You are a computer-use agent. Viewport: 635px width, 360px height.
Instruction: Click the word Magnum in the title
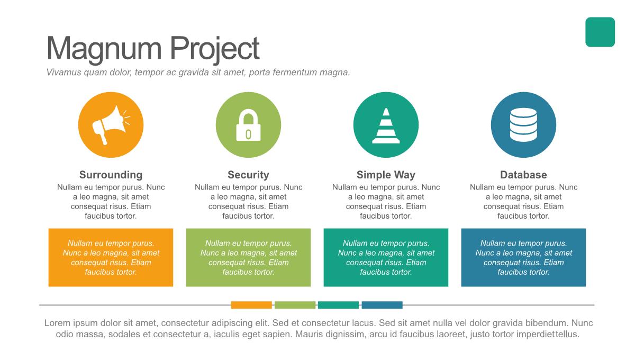coord(104,49)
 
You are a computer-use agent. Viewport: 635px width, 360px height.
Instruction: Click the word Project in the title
coord(215,49)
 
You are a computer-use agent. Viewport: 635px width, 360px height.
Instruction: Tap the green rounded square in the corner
coord(600,32)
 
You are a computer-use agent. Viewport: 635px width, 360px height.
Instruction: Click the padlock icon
coord(248,125)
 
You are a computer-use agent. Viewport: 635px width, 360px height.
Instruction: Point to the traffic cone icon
coord(386,125)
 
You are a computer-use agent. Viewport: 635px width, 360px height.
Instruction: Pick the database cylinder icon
coord(523,125)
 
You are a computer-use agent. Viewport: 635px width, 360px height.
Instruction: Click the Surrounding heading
coord(111,175)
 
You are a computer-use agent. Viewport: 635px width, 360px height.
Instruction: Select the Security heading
coord(248,175)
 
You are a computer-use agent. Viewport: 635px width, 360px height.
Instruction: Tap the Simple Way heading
coord(386,175)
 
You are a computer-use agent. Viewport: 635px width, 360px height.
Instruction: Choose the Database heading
coord(523,175)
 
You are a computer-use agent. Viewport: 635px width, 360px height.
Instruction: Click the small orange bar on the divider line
coord(251,305)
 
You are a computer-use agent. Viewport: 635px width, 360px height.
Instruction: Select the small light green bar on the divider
coord(295,305)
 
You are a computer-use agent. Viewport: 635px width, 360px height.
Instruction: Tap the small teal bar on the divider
coord(338,305)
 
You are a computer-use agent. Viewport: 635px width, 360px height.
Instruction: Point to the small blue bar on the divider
coord(382,305)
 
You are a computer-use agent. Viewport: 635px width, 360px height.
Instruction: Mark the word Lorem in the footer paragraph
coord(57,323)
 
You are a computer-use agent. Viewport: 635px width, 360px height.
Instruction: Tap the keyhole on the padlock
coord(248,134)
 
